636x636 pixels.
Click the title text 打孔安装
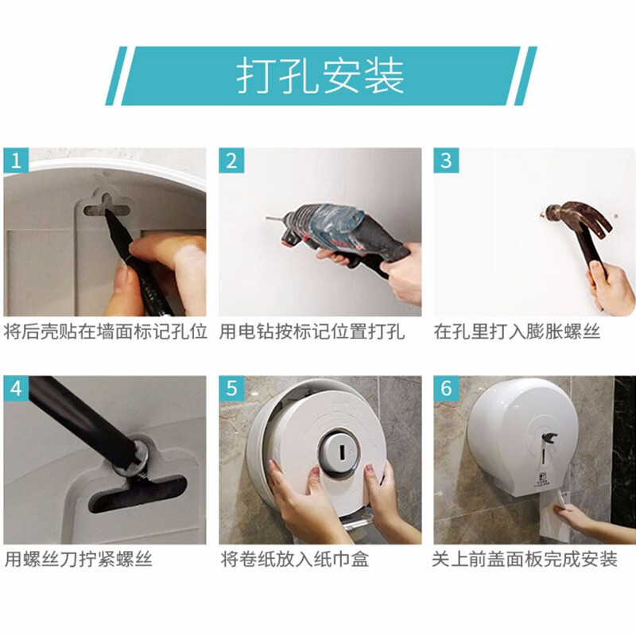pyautogui.click(x=320, y=76)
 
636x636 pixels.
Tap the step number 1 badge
pyautogui.click(x=16, y=161)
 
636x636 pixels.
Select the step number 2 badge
pyautogui.click(x=231, y=161)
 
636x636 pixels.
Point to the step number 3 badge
pyautogui.click(x=446, y=161)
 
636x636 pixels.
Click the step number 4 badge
pyautogui.click(x=16, y=389)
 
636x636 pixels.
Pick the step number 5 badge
pyautogui.click(x=231, y=389)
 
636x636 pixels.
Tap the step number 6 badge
pyautogui.click(x=446, y=389)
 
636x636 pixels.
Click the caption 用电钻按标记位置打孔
pyautogui.click(x=312, y=332)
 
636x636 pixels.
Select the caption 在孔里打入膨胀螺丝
pyautogui.click(x=517, y=332)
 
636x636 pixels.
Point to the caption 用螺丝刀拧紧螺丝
pyautogui.click(x=78, y=560)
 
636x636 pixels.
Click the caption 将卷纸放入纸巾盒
pyautogui.click(x=295, y=560)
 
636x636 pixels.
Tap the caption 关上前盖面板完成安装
pyautogui.click(x=525, y=560)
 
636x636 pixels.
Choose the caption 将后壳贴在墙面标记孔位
pyautogui.click(x=106, y=332)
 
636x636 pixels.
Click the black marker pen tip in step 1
pyautogui.click(x=109, y=214)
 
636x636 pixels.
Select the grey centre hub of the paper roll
pyautogui.click(x=339, y=451)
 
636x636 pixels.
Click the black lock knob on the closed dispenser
pyautogui.click(x=548, y=439)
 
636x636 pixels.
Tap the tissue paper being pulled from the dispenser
pyautogui.click(x=555, y=519)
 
